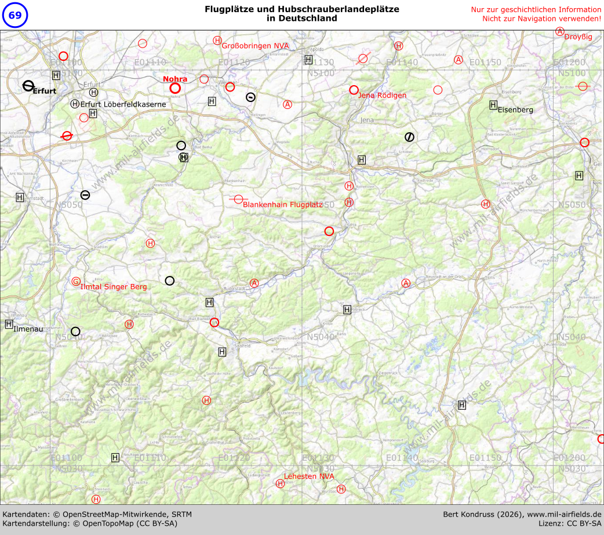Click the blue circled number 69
point(14,15)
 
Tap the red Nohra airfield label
point(175,79)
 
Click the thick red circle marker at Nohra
point(175,88)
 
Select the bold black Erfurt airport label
point(44,91)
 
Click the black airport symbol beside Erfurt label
point(28,86)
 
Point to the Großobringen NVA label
point(256,46)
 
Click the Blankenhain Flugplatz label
point(283,205)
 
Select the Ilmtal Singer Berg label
point(114,287)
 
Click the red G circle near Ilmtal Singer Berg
point(76,282)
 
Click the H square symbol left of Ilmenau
point(9,324)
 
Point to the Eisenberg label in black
point(515,110)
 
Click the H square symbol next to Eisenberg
point(493,105)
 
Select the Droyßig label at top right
point(578,37)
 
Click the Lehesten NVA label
point(309,476)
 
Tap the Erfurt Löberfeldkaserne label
point(123,104)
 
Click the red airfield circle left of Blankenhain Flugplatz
point(238,199)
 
